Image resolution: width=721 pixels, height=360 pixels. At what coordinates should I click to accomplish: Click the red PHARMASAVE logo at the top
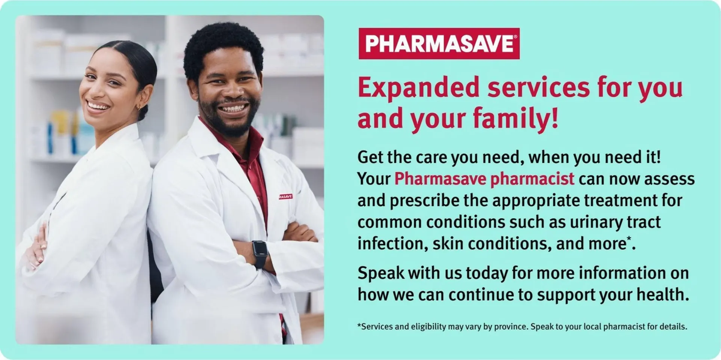(439, 44)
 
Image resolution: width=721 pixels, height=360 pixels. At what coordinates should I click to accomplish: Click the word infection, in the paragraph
(392, 244)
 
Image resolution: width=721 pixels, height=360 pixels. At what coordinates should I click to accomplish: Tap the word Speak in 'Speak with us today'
(380, 273)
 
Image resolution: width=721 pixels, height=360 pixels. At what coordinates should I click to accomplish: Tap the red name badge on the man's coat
(285, 196)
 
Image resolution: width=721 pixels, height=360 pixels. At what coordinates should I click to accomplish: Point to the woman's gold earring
(140, 107)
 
